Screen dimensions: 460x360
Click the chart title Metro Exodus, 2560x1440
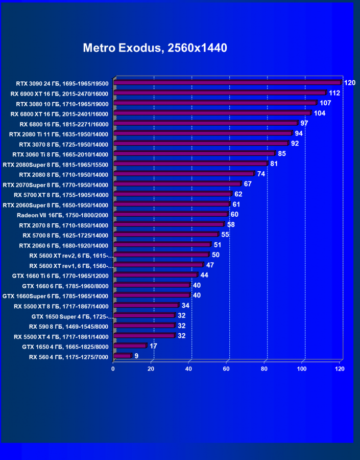point(155,48)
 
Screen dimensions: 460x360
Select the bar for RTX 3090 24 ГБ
point(227,83)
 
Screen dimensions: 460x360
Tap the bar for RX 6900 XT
point(220,93)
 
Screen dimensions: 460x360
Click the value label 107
point(325,103)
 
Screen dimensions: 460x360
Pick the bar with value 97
point(206,123)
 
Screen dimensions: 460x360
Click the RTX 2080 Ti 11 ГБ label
point(59,134)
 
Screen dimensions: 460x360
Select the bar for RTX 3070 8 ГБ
point(201,144)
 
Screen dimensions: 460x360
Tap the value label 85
point(282,153)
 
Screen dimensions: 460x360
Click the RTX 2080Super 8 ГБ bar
point(190,164)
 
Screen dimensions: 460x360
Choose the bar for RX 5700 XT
point(173,194)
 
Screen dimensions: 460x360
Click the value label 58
point(231,224)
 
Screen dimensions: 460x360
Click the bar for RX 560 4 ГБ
point(123,356)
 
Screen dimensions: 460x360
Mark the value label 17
point(153,346)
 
